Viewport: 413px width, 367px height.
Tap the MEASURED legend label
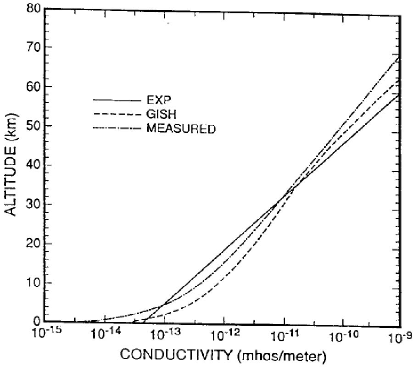[180, 129]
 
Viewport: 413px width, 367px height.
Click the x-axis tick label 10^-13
[164, 333]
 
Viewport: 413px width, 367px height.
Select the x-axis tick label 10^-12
[223, 333]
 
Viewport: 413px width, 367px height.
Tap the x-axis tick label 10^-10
[343, 333]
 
